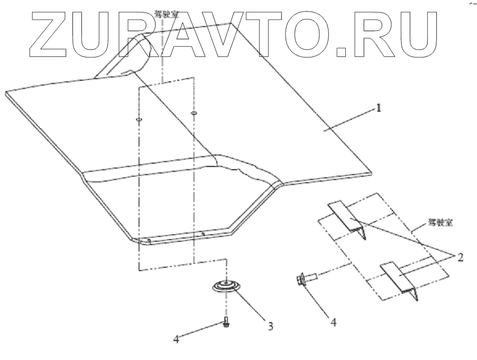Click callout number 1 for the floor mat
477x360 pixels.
(379, 107)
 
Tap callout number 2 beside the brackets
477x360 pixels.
(460, 257)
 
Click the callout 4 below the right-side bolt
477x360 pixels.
(333, 322)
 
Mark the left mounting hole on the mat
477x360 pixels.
(138, 119)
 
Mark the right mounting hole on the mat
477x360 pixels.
(194, 113)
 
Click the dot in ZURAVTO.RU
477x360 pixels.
(343, 52)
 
